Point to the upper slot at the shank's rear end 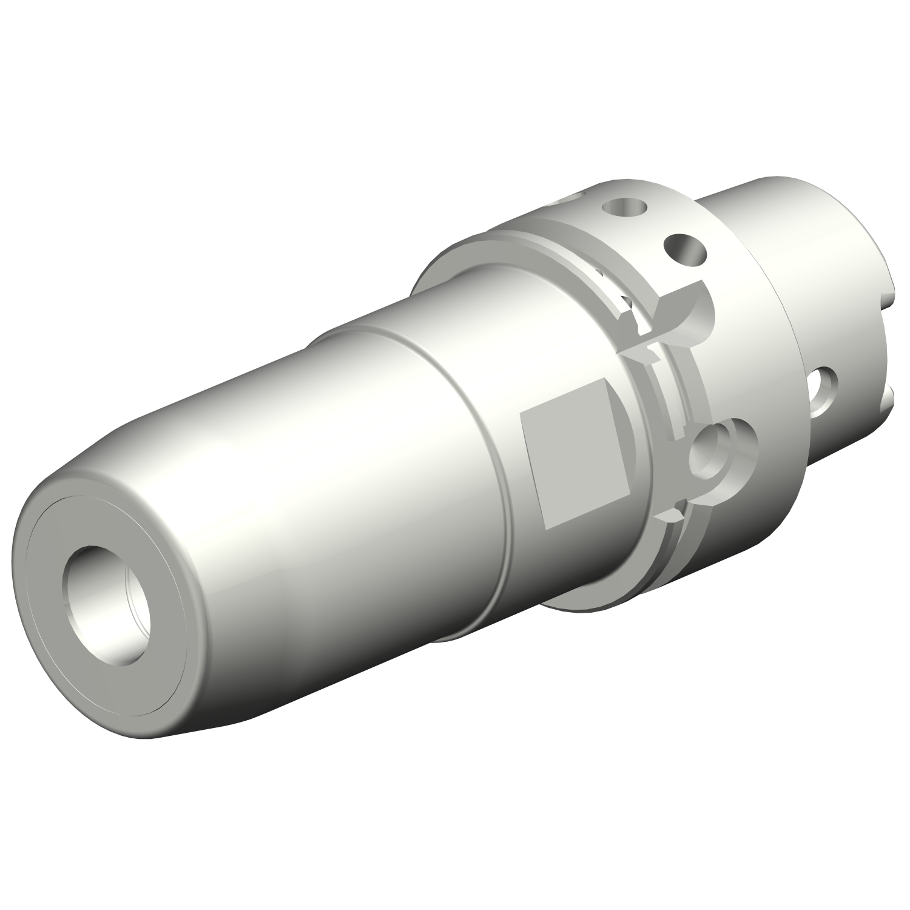[x=889, y=300]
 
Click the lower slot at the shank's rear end [x=889, y=400]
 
